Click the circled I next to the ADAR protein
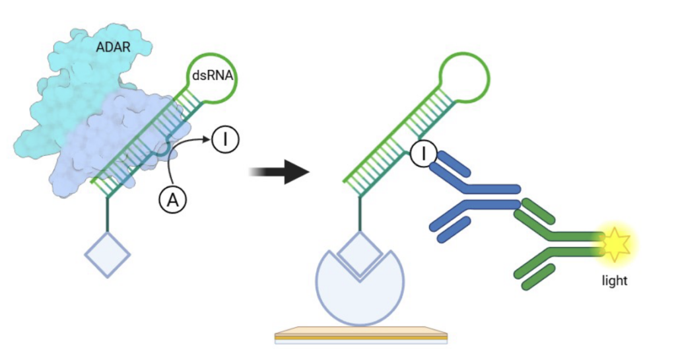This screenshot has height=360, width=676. pos(225,140)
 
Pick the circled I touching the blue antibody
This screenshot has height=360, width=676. pos(422,155)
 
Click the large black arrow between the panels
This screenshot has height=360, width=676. pos(280,172)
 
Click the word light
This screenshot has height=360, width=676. pos(614,281)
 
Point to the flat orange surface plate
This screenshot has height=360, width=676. pos(360,334)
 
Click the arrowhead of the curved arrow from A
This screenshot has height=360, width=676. pos(207,141)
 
